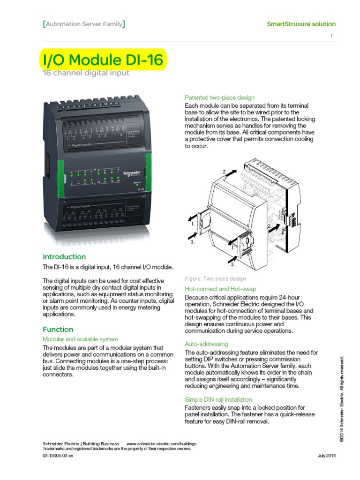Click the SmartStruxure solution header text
coord(301,24)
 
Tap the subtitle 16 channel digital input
coord(86,73)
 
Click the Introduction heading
coord(64,256)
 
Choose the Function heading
coord(58,329)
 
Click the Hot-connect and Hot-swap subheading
coord(220,289)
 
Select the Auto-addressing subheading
coord(206,344)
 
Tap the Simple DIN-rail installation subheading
coord(218,399)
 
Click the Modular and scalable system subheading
coord(80,339)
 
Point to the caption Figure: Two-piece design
coord(215,278)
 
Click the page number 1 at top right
coord(331,36)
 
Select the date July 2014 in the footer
coord(327,456)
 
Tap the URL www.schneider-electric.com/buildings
coord(161,443)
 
